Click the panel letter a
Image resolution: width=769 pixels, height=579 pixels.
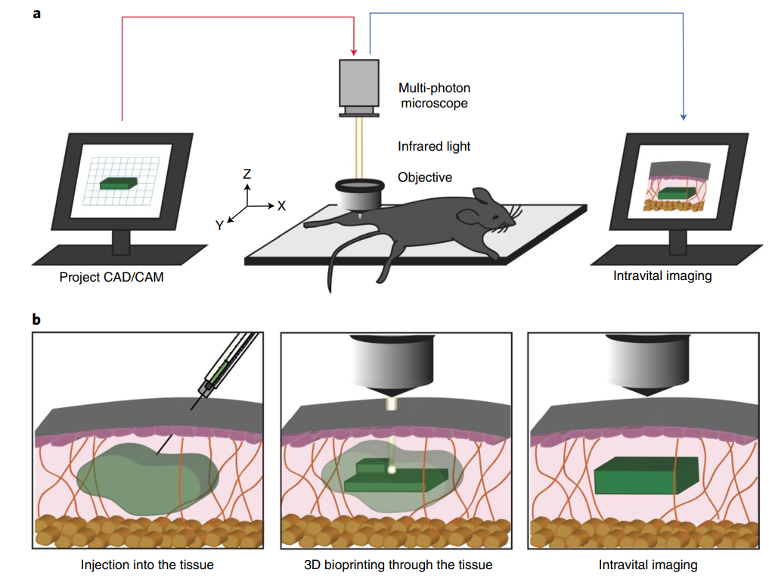[37, 14]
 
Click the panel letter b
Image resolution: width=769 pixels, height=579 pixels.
[36, 319]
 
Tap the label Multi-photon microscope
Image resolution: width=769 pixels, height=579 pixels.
[434, 95]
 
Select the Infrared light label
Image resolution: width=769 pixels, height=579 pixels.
[434, 146]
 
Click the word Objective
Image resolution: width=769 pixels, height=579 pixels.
[425, 177]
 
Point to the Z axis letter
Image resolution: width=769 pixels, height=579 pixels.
[247, 174]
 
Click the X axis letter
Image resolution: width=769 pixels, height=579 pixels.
[281, 206]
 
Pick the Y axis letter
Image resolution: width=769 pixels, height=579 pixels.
[219, 226]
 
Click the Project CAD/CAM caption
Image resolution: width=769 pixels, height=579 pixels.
[111, 277]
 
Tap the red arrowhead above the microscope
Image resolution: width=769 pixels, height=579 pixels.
[354, 52]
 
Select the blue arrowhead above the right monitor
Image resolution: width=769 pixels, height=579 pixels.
[683, 117]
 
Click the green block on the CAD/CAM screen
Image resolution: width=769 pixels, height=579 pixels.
[118, 183]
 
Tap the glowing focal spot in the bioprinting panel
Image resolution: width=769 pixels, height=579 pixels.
[392, 470]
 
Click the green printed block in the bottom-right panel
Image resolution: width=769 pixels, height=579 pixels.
[647, 475]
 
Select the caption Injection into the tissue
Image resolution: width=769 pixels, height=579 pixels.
[147, 565]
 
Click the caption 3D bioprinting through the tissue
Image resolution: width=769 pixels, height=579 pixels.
[398, 565]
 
